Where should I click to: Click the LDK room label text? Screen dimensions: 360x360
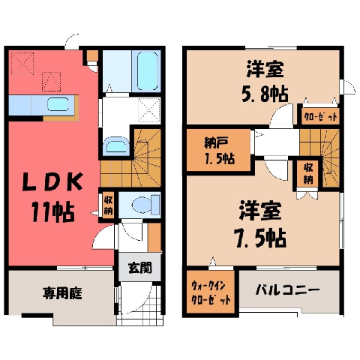[52, 181]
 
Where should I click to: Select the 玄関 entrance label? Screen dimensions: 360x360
[140, 268]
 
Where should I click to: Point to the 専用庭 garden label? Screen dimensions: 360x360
[62, 293]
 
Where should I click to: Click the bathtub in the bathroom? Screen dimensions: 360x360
[148, 71]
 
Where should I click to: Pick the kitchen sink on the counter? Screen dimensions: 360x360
[58, 104]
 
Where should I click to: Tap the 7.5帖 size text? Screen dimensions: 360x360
[260, 238]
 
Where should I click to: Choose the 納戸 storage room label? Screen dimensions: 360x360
[215, 142]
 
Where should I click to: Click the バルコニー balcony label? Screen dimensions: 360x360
[287, 290]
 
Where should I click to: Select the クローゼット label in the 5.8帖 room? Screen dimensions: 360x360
[321, 116]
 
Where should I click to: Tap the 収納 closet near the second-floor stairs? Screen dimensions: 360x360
[308, 174]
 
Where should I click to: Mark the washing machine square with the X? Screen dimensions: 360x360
[149, 110]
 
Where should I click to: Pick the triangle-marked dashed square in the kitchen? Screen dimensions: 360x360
[51, 82]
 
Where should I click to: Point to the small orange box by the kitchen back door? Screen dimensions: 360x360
[92, 55]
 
